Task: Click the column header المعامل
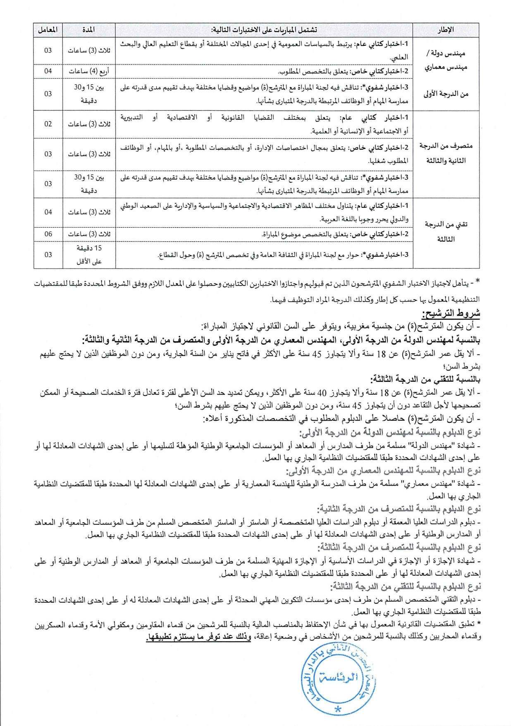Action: [x=48, y=30]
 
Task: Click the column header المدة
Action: [x=88, y=30]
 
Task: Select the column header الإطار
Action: [x=446, y=30]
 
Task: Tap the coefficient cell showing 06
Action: [x=48, y=234]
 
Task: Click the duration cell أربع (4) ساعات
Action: [x=88, y=71]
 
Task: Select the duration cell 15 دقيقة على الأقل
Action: [x=88, y=255]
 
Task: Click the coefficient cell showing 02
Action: [x=48, y=124]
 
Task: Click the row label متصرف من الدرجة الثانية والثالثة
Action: [x=446, y=153]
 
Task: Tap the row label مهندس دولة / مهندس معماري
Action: [x=446, y=60]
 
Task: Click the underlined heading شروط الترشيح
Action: [x=451, y=313]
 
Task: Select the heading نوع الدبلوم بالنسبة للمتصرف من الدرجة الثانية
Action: [x=399, y=509]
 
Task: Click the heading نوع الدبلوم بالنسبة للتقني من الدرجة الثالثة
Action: [x=405, y=586]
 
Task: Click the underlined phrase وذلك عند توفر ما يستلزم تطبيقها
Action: [x=198, y=637]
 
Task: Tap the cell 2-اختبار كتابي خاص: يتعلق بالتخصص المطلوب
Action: [x=343, y=71]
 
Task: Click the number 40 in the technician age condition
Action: [x=322, y=393]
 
